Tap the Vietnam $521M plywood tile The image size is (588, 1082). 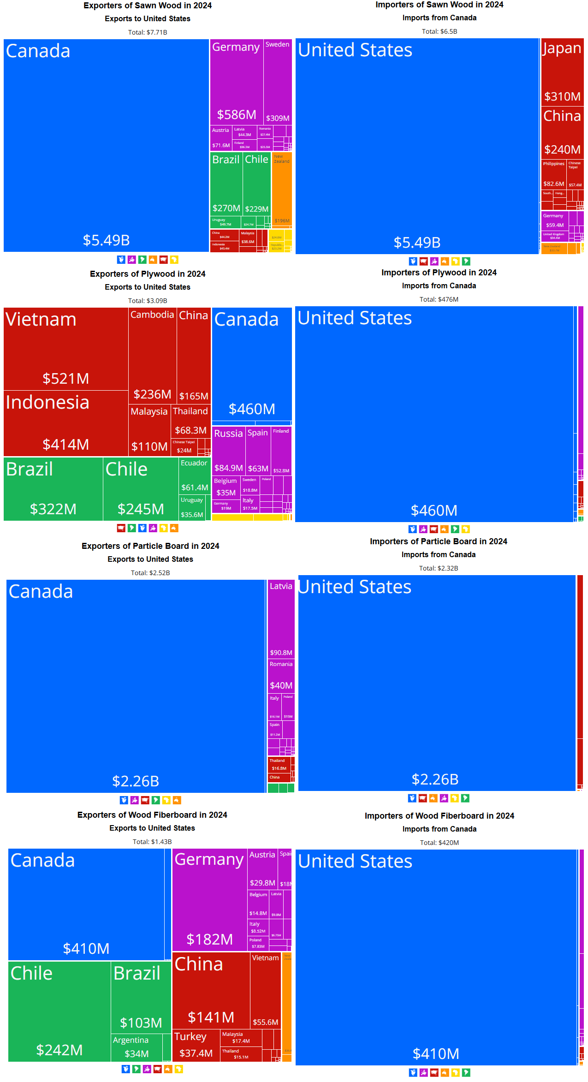[x=65, y=349]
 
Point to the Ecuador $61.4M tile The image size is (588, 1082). [x=194, y=475]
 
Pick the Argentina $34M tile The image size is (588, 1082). [x=137, y=1047]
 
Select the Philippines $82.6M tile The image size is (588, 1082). [x=553, y=173]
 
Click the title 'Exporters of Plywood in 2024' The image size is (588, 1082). [x=148, y=274]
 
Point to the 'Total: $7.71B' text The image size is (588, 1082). [x=148, y=32]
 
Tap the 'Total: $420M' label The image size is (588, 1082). [x=439, y=843]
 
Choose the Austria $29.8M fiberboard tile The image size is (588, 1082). [x=262, y=869]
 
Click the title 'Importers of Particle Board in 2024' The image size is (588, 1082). [x=438, y=541]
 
